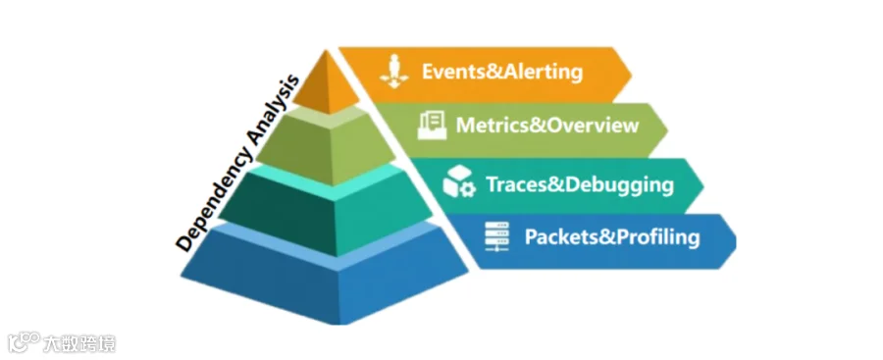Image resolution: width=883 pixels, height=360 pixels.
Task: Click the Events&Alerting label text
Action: point(501,73)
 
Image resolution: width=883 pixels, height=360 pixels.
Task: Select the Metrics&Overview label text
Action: point(546,126)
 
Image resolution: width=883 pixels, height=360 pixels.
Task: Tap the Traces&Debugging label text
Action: point(580,184)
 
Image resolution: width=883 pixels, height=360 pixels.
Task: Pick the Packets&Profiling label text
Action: point(612,237)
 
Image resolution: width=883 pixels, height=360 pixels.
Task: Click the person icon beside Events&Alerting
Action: point(394,71)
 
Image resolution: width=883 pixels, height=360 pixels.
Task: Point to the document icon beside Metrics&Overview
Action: point(432,125)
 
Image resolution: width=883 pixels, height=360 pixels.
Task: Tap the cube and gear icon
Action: point(459,181)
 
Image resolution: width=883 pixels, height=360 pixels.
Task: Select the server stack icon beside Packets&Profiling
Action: point(496,236)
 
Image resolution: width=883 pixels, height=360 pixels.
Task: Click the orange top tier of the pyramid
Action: point(326,84)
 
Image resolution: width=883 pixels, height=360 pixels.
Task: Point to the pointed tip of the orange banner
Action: point(632,74)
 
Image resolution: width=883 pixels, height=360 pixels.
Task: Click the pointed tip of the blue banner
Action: point(736,241)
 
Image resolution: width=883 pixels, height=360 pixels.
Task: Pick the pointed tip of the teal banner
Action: point(703,186)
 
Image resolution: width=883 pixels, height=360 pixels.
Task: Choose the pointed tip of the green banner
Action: point(668,130)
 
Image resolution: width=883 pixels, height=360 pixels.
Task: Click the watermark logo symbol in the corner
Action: point(24,342)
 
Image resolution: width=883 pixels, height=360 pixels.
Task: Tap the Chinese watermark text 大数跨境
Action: point(79,343)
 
